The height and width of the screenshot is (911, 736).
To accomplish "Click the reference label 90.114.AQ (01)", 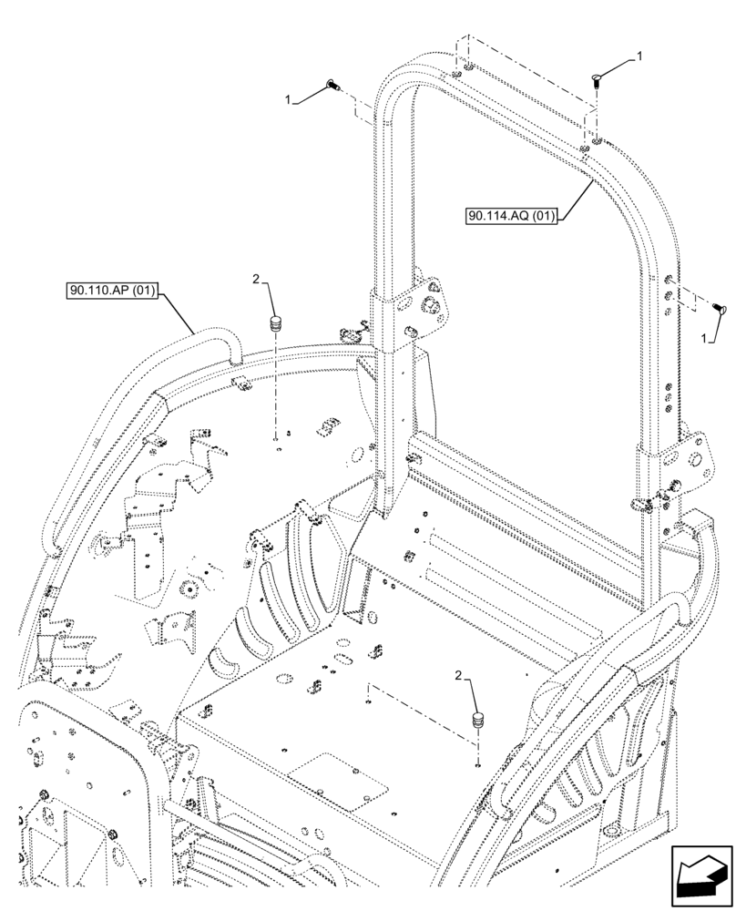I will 510,216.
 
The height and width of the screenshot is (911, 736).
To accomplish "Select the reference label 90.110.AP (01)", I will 113,292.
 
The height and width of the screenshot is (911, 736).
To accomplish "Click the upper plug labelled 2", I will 274,323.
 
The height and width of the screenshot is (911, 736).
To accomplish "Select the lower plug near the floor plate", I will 476,720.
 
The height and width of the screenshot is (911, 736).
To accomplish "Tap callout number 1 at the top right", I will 639,56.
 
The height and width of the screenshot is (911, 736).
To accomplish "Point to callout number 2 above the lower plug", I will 457,675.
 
